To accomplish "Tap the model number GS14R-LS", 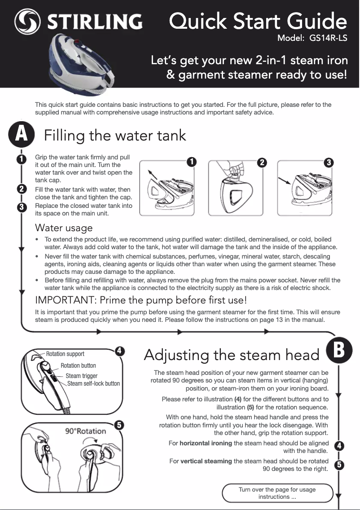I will (328, 38).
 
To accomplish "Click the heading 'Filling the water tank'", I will (114, 135).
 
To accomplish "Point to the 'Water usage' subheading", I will (64, 228).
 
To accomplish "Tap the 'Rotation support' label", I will (65, 354).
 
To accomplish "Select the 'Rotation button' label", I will (78, 365).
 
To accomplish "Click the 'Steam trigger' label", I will (81, 376).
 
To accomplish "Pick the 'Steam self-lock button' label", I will (93, 383).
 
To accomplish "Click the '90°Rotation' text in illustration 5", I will (86, 431).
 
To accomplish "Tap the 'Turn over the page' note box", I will (277, 493).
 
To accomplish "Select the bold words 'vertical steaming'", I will (206, 461).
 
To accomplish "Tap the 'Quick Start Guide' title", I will (258, 21).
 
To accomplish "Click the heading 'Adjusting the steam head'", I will (232, 355).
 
